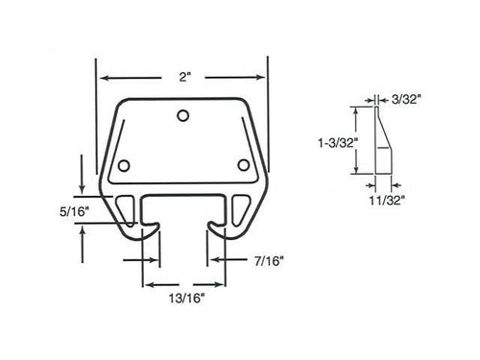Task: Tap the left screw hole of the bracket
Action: [x=121, y=164]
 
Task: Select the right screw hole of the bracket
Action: [x=243, y=164]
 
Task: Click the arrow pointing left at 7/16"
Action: [x=214, y=260]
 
